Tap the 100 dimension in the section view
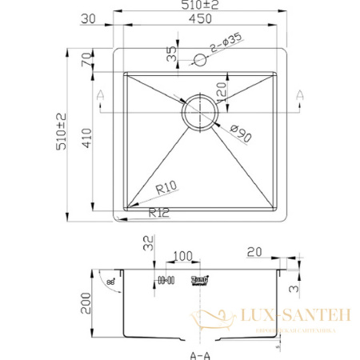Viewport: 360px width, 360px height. pos(182,255)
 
